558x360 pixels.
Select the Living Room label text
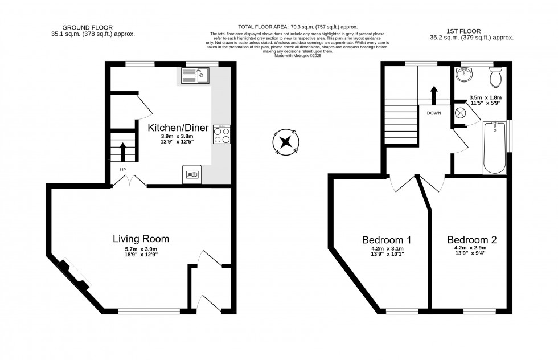pos(141,239)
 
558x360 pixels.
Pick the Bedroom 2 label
pos(471,240)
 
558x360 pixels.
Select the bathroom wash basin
pos(465,73)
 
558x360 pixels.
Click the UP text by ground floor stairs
pos(122,170)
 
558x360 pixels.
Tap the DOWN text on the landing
pos(434,113)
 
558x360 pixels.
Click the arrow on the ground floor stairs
pos(122,152)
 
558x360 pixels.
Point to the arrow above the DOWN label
pos(434,95)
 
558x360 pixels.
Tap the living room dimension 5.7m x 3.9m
pos(141,249)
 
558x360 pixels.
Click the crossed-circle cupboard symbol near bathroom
pos(460,112)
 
